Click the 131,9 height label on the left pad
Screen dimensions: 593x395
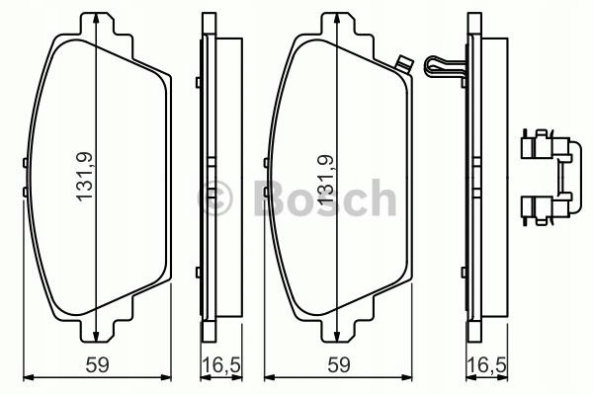(84, 177)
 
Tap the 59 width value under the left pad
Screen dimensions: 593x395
(98, 365)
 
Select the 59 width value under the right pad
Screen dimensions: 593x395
(339, 365)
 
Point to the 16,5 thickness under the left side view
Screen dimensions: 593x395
(221, 365)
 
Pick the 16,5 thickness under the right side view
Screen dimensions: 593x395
(486, 365)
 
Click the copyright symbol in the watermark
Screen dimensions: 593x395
(214, 197)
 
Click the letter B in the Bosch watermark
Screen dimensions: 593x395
(271, 197)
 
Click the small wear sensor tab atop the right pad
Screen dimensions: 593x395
(403, 64)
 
